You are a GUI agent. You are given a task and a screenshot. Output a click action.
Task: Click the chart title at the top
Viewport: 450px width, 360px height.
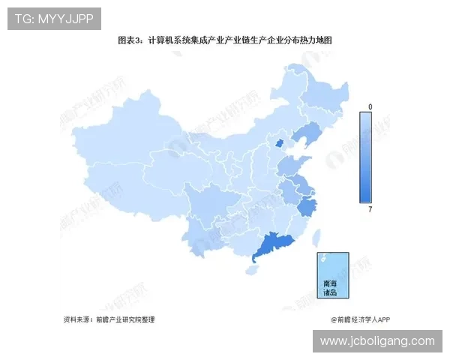[224, 41]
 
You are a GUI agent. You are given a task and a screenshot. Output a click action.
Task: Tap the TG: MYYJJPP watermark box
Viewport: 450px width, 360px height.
[54, 19]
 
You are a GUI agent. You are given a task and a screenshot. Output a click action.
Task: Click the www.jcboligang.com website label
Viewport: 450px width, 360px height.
[377, 341]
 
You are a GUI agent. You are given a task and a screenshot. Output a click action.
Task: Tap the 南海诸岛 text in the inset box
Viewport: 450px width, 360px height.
[331, 289]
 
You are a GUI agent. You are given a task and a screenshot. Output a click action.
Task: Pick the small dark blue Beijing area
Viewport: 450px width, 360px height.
[279, 143]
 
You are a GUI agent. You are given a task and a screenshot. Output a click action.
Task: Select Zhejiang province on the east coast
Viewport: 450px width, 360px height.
[307, 206]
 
